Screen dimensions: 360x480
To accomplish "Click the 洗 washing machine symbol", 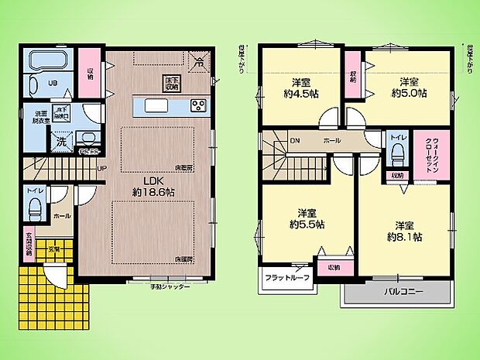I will (x=61, y=142).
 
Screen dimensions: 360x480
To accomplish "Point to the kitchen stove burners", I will (x=197, y=106).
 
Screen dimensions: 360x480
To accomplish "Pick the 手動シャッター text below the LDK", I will (x=170, y=286).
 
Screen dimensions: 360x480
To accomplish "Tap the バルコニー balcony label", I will (x=401, y=293).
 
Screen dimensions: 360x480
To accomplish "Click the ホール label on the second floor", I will (x=332, y=141).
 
